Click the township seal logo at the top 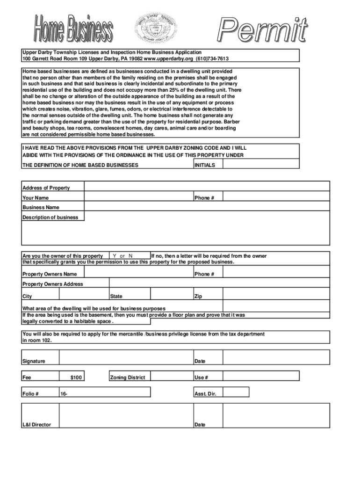click(153, 28)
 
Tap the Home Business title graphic click(73, 29)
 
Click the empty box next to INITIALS click(260, 164)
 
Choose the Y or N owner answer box click(130, 256)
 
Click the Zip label click(198, 296)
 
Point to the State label click(116, 296)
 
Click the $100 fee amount click(77, 377)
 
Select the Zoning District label click(128, 377)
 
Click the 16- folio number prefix click(64, 393)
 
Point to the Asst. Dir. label click(205, 393)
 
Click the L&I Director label click(37, 425)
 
